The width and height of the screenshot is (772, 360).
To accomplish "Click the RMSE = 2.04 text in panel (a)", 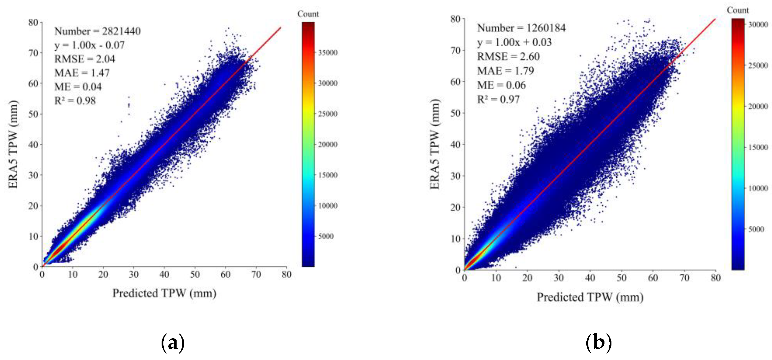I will tap(85, 59).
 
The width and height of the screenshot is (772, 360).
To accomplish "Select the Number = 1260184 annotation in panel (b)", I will tap(521, 28).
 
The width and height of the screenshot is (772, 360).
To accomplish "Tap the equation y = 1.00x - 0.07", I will tap(89, 45).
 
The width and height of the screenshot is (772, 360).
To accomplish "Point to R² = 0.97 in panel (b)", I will tap(498, 99).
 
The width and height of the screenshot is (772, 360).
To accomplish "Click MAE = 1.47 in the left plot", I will tap(82, 73).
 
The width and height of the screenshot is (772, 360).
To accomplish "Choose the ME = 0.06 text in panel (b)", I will tap(501, 85).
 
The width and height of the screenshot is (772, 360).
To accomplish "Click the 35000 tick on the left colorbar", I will tap(328, 53).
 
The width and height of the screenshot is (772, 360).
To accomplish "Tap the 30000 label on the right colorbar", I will tap(758, 25).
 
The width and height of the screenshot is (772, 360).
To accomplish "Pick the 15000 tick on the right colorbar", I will tap(758, 147).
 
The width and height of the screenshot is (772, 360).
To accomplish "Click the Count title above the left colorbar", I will tap(308, 14).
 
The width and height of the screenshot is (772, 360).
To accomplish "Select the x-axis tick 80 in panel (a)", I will tap(286, 274).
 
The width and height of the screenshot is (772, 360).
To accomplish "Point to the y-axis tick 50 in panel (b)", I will tap(455, 113).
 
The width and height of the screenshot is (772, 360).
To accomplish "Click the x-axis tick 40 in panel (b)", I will tap(590, 278).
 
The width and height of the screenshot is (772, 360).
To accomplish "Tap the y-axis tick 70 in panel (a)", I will tap(33, 53).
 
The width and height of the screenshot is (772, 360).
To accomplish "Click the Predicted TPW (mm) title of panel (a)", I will tap(164, 293).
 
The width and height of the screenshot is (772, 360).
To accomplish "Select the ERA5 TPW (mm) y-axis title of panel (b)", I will tap(435, 144).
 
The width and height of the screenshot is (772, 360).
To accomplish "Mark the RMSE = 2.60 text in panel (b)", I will tap(508, 56).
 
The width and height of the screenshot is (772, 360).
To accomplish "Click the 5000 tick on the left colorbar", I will tap(326, 236).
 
